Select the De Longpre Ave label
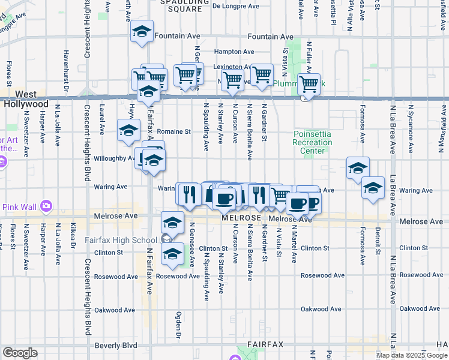point(236,7)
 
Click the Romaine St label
point(173,131)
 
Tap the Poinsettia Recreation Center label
point(312,142)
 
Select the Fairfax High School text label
point(128,241)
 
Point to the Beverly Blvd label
point(115,346)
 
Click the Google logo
point(20,352)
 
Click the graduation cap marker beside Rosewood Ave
point(173,254)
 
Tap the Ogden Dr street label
point(178,325)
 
